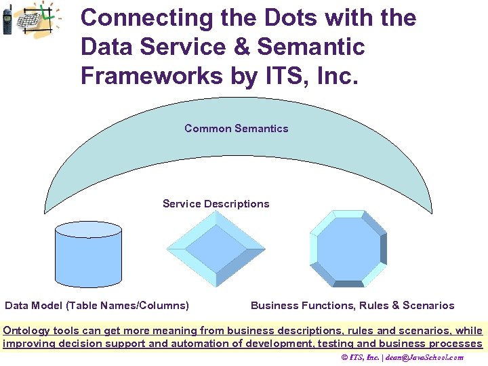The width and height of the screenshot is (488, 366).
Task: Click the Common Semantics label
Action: (236, 129)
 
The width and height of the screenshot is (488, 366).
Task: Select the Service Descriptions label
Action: (216, 204)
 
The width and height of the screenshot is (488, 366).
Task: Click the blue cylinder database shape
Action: (88, 254)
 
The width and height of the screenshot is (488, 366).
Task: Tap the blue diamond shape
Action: (216, 249)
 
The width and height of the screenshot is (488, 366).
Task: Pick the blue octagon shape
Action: (348, 249)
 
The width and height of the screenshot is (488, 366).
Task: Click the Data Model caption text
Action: (97, 306)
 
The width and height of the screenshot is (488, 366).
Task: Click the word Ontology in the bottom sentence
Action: (26, 331)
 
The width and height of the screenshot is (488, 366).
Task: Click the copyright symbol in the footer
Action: (344, 357)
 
